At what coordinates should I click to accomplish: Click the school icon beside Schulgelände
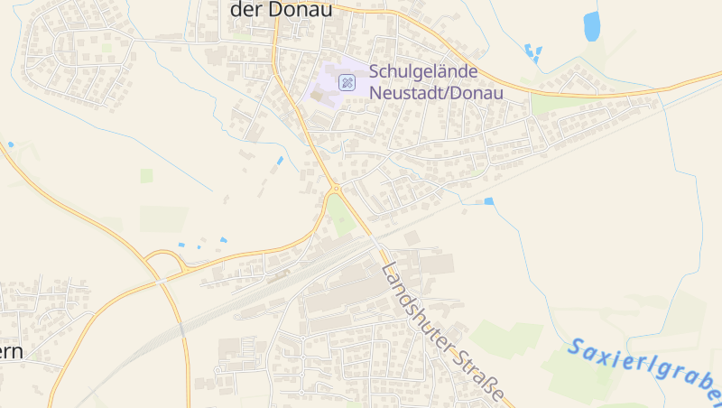(347, 82)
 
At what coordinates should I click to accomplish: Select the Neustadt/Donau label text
(435, 91)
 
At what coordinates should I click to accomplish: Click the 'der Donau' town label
(282, 10)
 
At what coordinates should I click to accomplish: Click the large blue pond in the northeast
(592, 26)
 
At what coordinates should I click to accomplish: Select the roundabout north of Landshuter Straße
(335, 189)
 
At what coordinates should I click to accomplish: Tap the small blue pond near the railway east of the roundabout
(489, 201)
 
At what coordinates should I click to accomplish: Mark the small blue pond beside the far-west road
(11, 144)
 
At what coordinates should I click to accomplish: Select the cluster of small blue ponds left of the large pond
(532, 51)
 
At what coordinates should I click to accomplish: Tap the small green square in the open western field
(146, 175)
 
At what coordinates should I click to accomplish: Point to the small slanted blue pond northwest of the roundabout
(280, 161)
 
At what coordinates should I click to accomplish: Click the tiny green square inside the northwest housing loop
(107, 47)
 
